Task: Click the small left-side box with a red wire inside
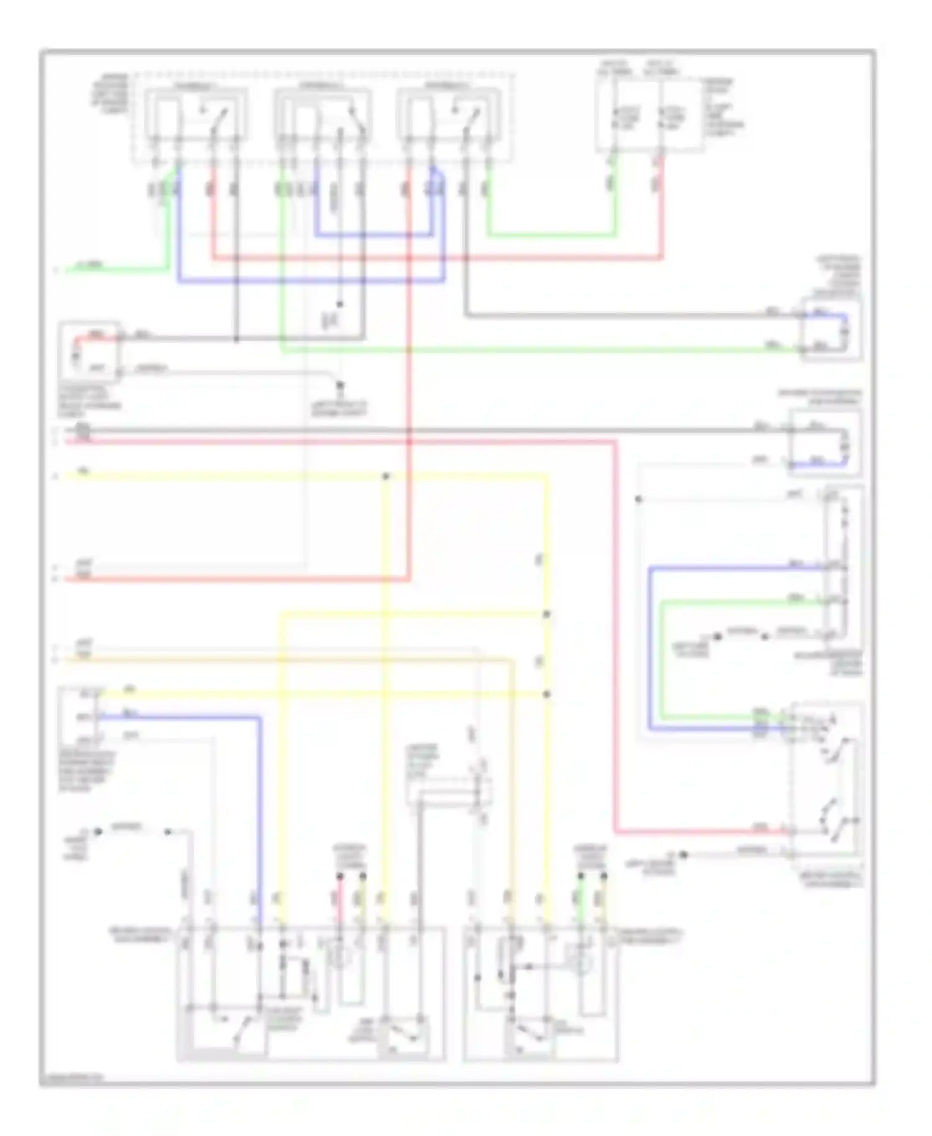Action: point(89,352)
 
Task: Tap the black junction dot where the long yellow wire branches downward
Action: point(386,476)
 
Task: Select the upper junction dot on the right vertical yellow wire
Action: point(547,614)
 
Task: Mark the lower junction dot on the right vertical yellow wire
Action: point(547,694)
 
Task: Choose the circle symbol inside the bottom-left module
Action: point(340,958)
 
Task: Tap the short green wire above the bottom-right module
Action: point(580,898)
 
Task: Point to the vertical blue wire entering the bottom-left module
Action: point(260,820)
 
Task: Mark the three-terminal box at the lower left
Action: point(79,718)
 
